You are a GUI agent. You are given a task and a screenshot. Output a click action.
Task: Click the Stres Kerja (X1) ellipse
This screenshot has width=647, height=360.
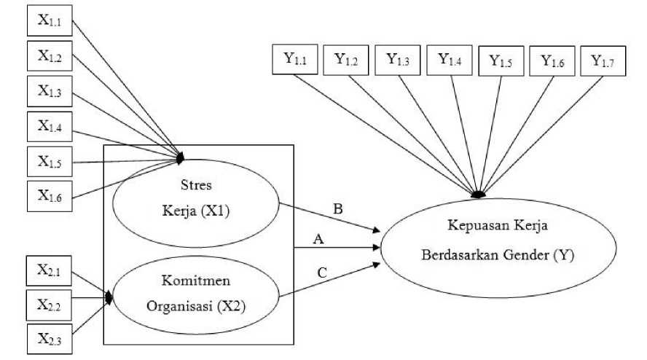pyautogui.click(x=196, y=205)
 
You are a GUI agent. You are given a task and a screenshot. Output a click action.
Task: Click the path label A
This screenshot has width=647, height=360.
pyautogui.click(x=318, y=239)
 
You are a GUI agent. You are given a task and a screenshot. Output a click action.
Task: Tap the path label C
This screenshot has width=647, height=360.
pyautogui.click(x=321, y=273)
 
